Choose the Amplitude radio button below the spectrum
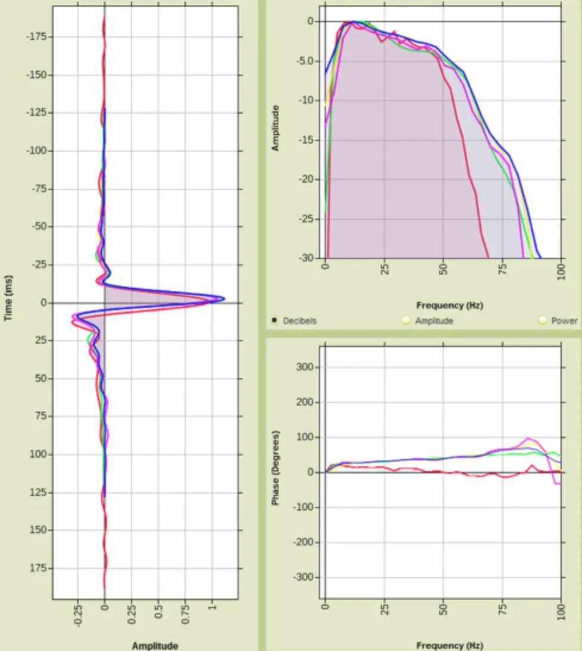coord(406,320)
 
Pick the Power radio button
coord(542,320)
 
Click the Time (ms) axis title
coord(8,298)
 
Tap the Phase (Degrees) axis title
coord(276,468)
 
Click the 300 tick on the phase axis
coord(305,367)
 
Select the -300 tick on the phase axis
coord(303,578)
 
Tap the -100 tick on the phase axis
coord(303,507)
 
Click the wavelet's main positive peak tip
coord(224,298)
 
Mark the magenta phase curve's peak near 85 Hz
coord(528,438)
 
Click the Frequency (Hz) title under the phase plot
coord(449,646)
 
